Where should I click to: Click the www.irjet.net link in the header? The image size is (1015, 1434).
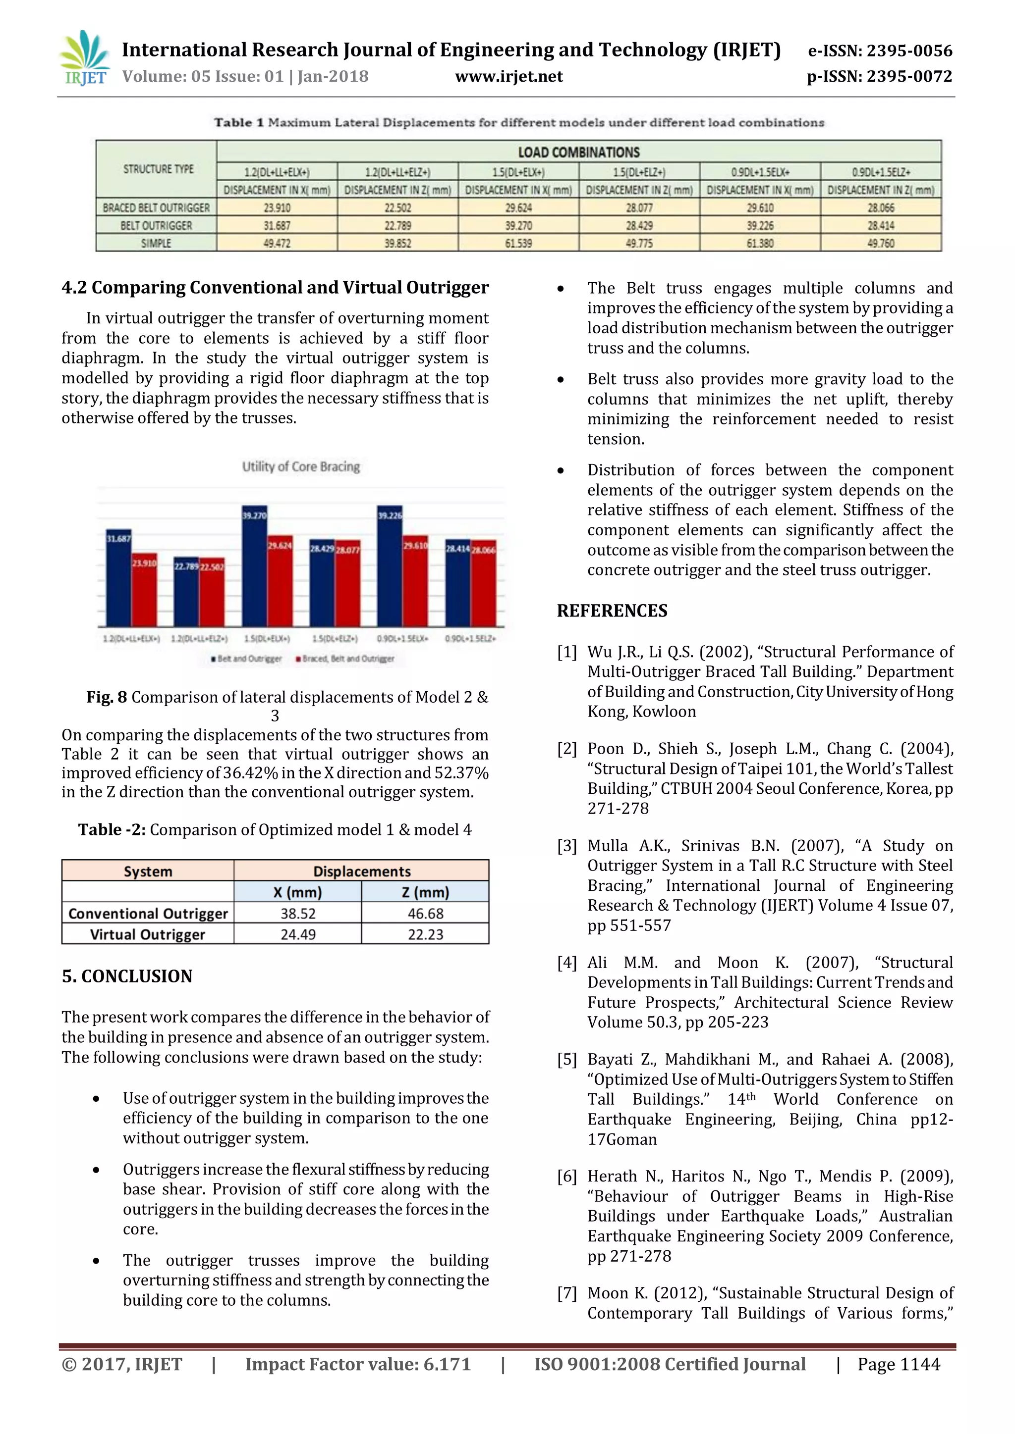pos(509,77)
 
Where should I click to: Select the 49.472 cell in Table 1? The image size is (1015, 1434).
pos(277,243)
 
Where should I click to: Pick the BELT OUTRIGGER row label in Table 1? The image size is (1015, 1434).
pos(156,225)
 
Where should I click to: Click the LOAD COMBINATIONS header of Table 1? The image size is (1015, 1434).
pos(578,152)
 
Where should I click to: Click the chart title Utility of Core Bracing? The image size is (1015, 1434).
pos(301,466)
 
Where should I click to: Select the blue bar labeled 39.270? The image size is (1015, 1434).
pos(254,571)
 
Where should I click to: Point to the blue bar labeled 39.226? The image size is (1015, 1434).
pos(390,571)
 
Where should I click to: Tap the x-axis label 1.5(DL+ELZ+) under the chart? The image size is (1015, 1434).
pos(335,639)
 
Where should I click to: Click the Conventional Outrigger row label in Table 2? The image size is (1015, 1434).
pos(148,913)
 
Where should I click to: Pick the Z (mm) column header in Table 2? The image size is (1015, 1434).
pos(425,892)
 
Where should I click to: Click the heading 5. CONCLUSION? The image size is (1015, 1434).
pos(127,976)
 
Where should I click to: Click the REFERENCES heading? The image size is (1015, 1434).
pos(612,611)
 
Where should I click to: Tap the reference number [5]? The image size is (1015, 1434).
pos(567,1059)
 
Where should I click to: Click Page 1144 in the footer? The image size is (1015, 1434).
pos(898,1364)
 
